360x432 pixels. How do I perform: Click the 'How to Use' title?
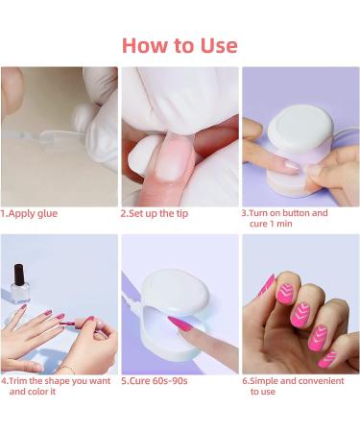(180, 45)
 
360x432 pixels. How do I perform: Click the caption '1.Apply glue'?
(29, 213)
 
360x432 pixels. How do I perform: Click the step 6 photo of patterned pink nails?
(299, 304)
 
